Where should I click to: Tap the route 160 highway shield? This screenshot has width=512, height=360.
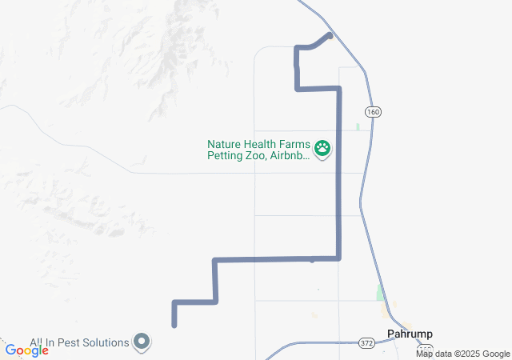pyautogui.click(x=372, y=112)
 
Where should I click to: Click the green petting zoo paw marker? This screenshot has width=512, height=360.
pyautogui.click(x=322, y=147)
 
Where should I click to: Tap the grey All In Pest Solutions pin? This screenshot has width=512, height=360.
pyautogui.click(x=142, y=342)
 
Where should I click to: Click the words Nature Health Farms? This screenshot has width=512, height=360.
pyautogui.click(x=258, y=144)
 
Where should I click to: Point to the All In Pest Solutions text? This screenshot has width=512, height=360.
pyautogui.click(x=79, y=342)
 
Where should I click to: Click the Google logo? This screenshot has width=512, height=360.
pyautogui.click(x=26, y=350)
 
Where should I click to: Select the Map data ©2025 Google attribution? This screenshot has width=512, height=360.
pyautogui.click(x=462, y=354)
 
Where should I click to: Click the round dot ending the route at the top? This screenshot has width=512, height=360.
pyautogui.click(x=330, y=36)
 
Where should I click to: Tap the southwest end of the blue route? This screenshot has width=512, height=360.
pyautogui.click(x=174, y=325)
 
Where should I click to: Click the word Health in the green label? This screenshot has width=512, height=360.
pyautogui.click(x=261, y=144)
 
